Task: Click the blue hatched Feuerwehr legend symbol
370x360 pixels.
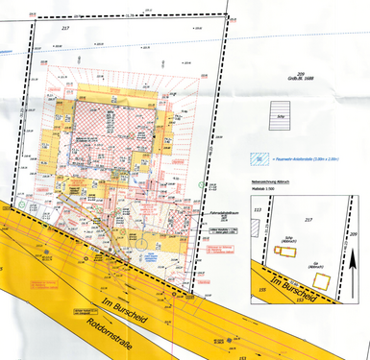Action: tap(258, 158)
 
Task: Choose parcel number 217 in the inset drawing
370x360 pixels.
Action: tap(309, 220)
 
